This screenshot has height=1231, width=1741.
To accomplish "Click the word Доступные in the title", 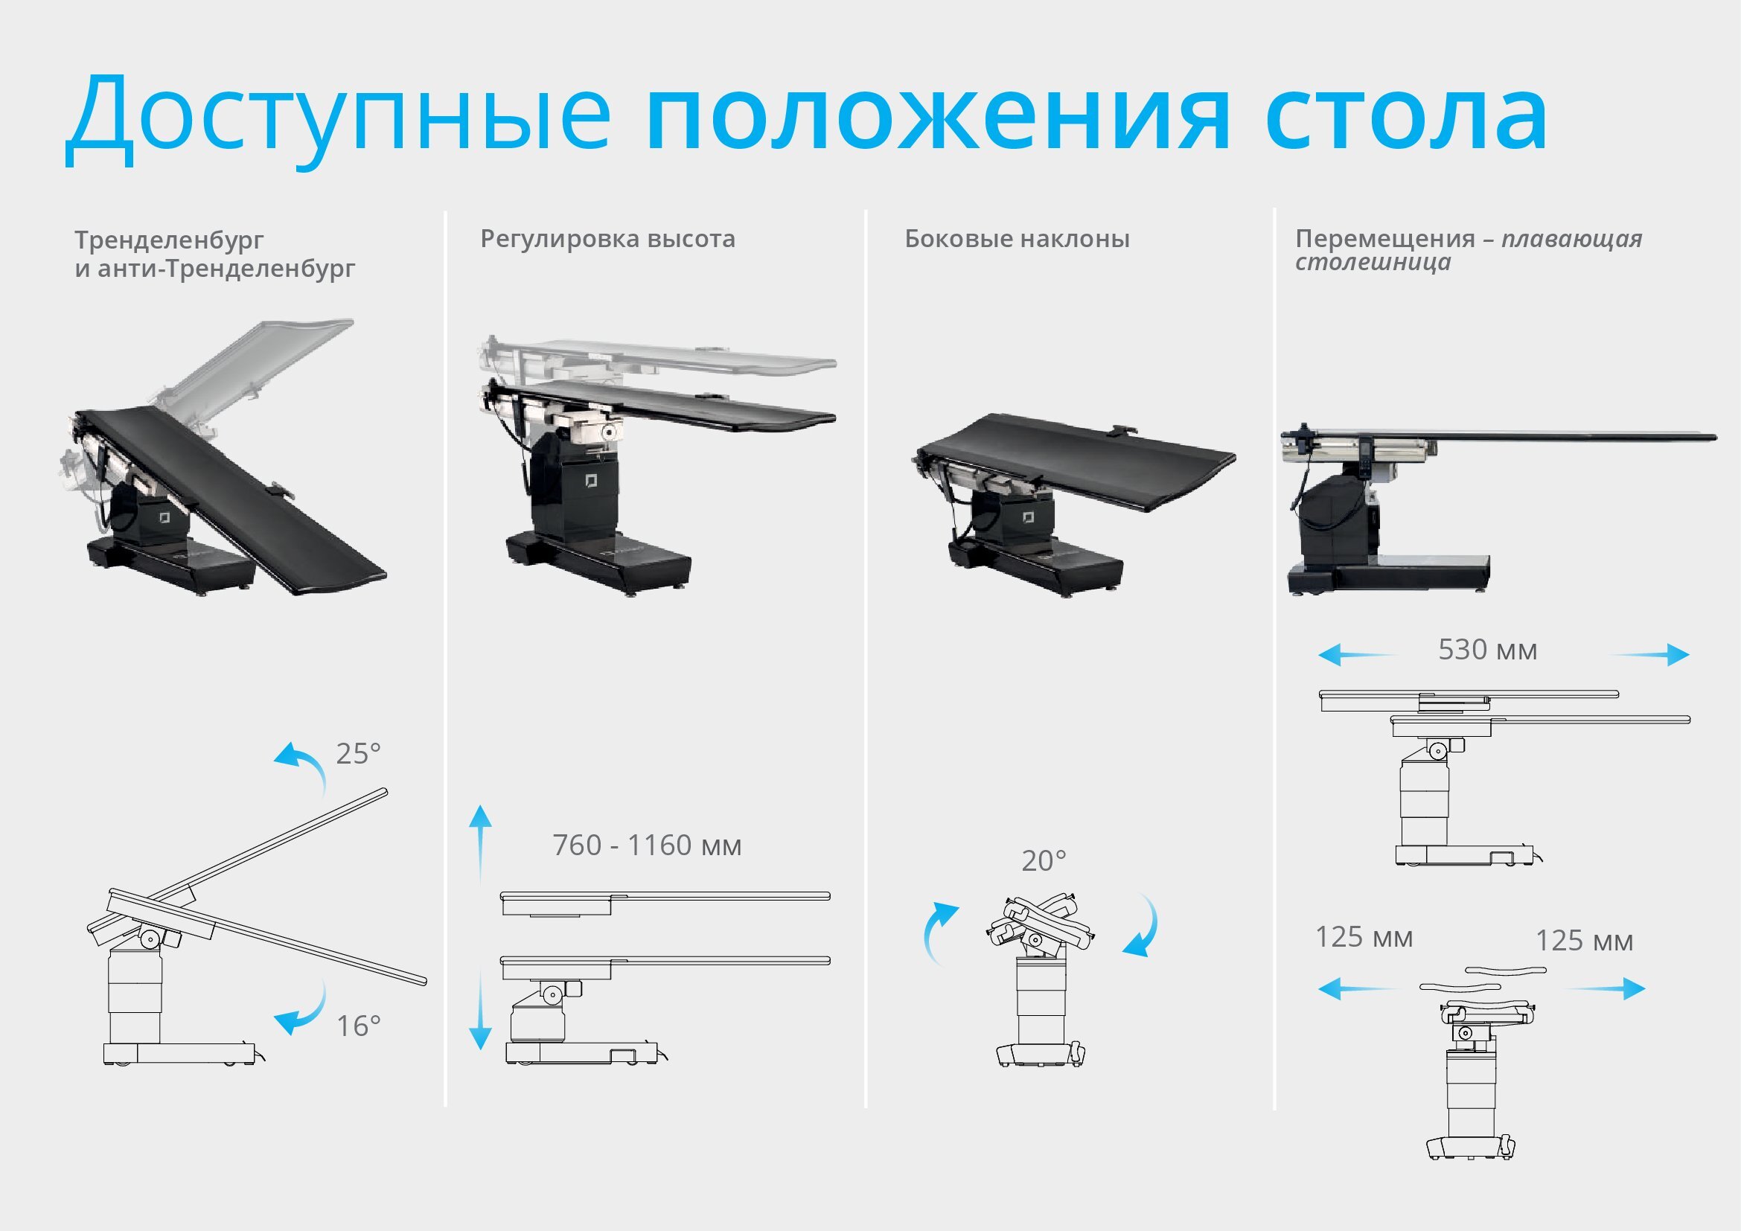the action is pos(337,118).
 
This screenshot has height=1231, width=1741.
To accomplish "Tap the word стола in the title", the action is pos(1406,118).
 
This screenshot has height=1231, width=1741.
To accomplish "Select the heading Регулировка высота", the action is pos(607,239).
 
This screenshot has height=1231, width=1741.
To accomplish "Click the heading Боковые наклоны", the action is pos(1017,239).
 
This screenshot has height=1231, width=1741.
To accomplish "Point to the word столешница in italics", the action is pos(1373,262).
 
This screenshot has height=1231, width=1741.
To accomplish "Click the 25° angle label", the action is pos(358,753).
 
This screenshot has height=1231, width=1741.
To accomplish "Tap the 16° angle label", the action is pos(359,1026).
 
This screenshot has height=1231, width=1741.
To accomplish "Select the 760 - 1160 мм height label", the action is pos(647,845).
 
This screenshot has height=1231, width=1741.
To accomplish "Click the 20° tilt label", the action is pos(1044,860).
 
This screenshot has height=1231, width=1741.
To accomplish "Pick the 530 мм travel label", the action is pos(1488,650).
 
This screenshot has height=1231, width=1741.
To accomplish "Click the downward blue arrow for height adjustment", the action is pos(480,1012).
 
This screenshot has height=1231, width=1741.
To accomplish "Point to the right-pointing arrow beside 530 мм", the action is pos(1650,655).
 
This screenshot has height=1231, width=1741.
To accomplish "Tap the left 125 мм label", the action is pos(1364,938).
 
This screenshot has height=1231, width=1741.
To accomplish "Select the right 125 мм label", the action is pos(1584,941).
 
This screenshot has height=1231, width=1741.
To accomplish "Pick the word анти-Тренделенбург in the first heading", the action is pos(226,269).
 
